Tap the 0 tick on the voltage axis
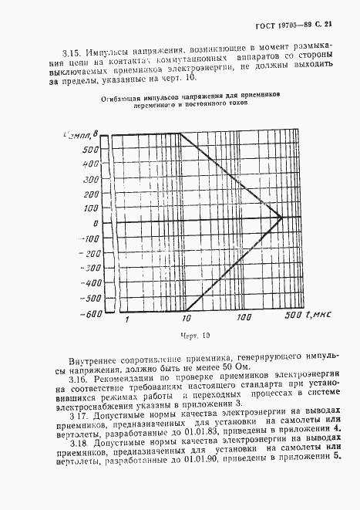click(x=96, y=222)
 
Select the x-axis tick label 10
click(x=185, y=318)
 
